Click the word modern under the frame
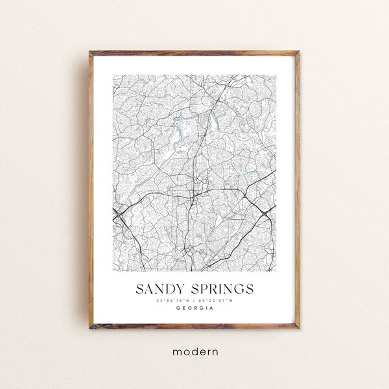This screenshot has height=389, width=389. click(x=194, y=353)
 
